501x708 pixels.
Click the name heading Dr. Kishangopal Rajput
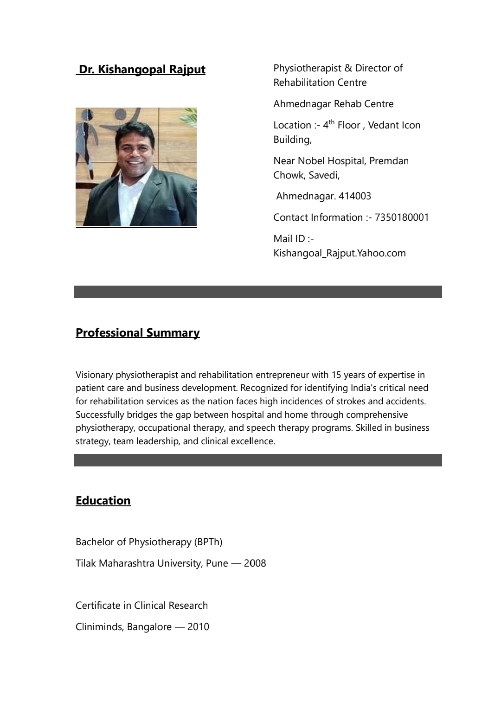(141, 70)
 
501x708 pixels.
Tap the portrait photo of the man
(136, 167)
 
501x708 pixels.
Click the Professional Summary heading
(137, 333)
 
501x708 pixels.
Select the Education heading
(103, 501)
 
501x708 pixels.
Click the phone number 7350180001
(402, 217)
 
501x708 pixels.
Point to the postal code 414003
(355, 196)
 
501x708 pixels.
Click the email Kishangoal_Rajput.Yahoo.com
(339, 253)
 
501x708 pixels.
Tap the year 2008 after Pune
(255, 563)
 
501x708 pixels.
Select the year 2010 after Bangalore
(198, 627)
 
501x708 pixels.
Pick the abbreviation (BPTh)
(208, 542)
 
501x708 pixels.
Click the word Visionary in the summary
(94, 375)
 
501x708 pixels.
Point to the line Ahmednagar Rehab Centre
(333, 104)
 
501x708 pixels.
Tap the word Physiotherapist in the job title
(307, 68)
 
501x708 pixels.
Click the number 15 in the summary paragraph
(336, 375)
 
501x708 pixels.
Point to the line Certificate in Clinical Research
(141, 606)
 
